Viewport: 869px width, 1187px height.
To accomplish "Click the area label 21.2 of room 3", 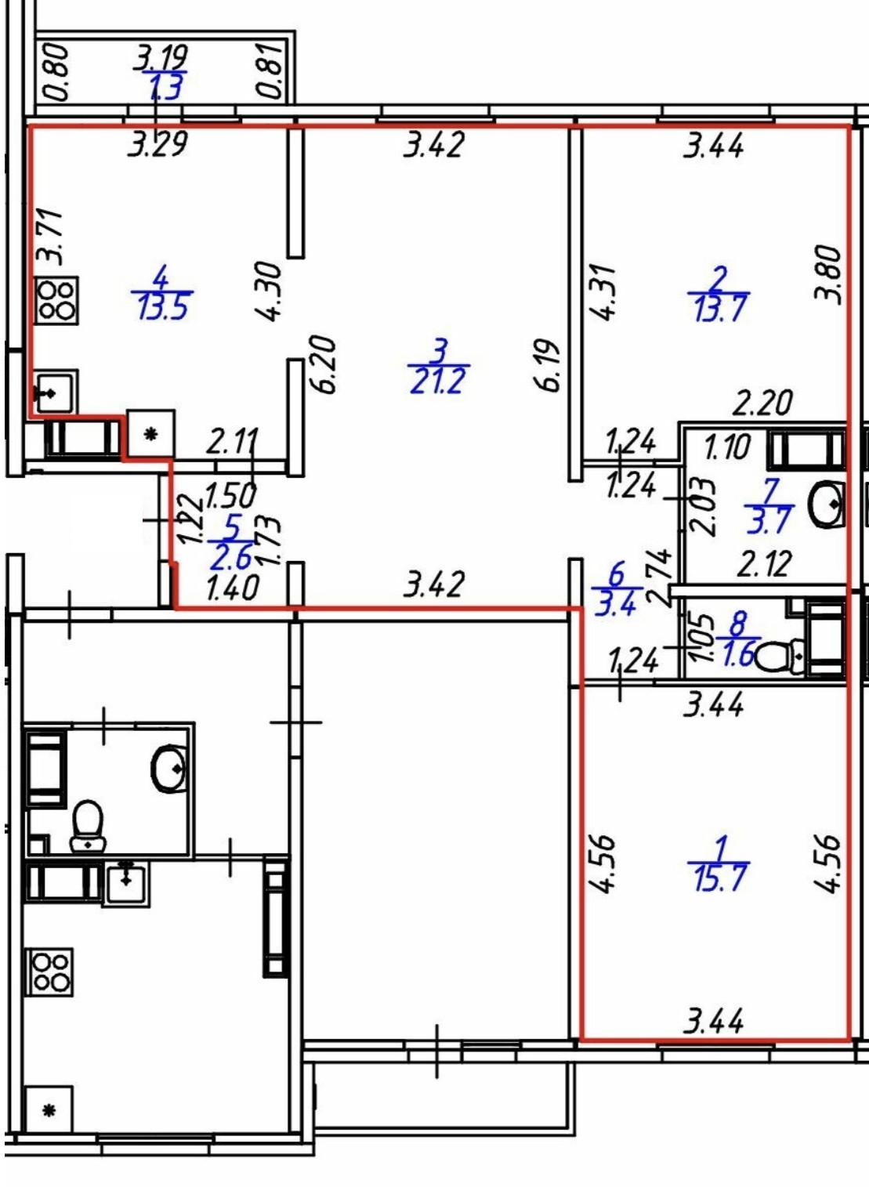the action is (x=437, y=382).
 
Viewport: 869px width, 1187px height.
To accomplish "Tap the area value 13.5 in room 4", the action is (x=163, y=306).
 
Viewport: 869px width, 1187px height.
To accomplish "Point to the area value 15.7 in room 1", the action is (x=720, y=878).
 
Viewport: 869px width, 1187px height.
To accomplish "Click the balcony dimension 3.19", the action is (x=161, y=57).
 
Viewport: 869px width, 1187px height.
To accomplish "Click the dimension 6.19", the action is (x=551, y=365).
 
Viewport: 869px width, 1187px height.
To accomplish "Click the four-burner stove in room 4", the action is (x=56, y=300).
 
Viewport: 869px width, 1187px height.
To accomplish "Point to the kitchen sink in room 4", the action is (x=53, y=391).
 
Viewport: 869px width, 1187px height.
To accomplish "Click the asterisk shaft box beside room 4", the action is (x=150, y=433).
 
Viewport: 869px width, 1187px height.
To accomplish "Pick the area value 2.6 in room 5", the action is (x=231, y=557).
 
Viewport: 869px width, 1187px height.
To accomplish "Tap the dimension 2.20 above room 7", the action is (x=762, y=404).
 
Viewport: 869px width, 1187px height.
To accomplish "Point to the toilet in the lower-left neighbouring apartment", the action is (x=88, y=827).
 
